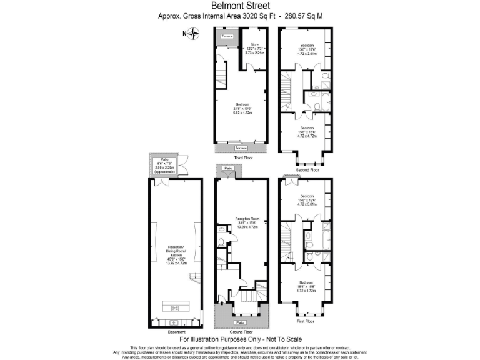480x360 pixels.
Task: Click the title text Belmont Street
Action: point(239,6)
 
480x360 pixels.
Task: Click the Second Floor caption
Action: point(307,170)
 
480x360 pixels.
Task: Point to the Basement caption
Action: point(176,331)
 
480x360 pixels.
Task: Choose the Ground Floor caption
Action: point(240,332)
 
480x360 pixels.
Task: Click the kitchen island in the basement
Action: point(176,307)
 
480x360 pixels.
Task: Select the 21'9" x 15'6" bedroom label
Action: point(242,107)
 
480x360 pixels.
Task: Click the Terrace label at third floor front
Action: point(241,147)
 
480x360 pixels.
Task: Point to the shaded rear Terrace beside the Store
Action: point(226,37)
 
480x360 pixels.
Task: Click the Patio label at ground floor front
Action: point(240,322)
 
